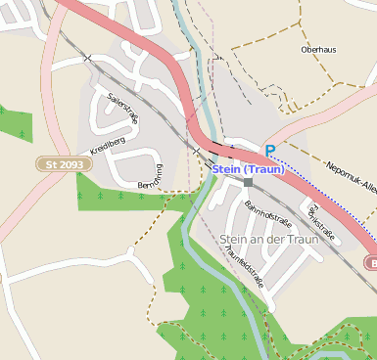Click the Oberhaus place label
pos(318,48)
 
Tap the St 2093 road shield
pos(64,164)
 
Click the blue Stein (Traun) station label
pos(248,169)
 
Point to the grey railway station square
pos(248,182)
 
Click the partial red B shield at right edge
pos(372,262)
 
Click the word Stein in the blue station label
pos(226,169)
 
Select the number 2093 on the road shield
pos(71,164)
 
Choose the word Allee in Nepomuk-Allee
pos(363,190)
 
